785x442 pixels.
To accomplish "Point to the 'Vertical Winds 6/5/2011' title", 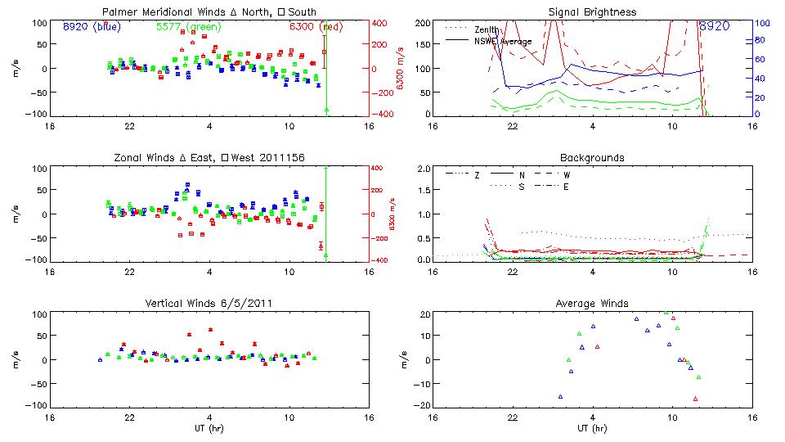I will [208, 303].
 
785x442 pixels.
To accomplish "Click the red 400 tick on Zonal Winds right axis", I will [379, 168].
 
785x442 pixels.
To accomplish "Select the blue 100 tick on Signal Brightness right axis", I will [760, 22].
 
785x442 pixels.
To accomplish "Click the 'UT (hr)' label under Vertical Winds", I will [208, 427].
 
